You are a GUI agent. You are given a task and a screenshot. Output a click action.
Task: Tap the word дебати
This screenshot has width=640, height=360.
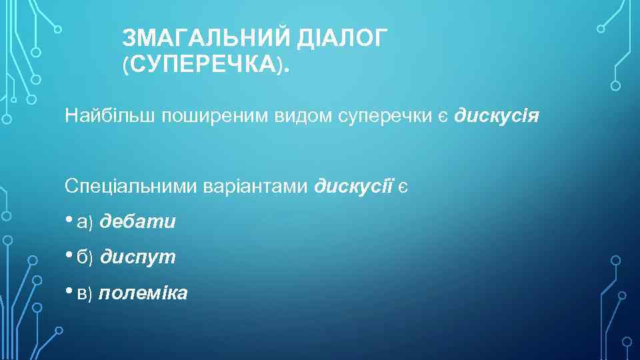(138, 221)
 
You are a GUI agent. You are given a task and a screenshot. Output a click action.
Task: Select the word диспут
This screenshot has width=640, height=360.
(138, 257)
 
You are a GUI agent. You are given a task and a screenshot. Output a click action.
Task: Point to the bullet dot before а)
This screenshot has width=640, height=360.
(69, 220)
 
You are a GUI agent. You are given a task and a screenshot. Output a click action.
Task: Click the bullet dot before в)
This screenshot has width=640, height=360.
(69, 291)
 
